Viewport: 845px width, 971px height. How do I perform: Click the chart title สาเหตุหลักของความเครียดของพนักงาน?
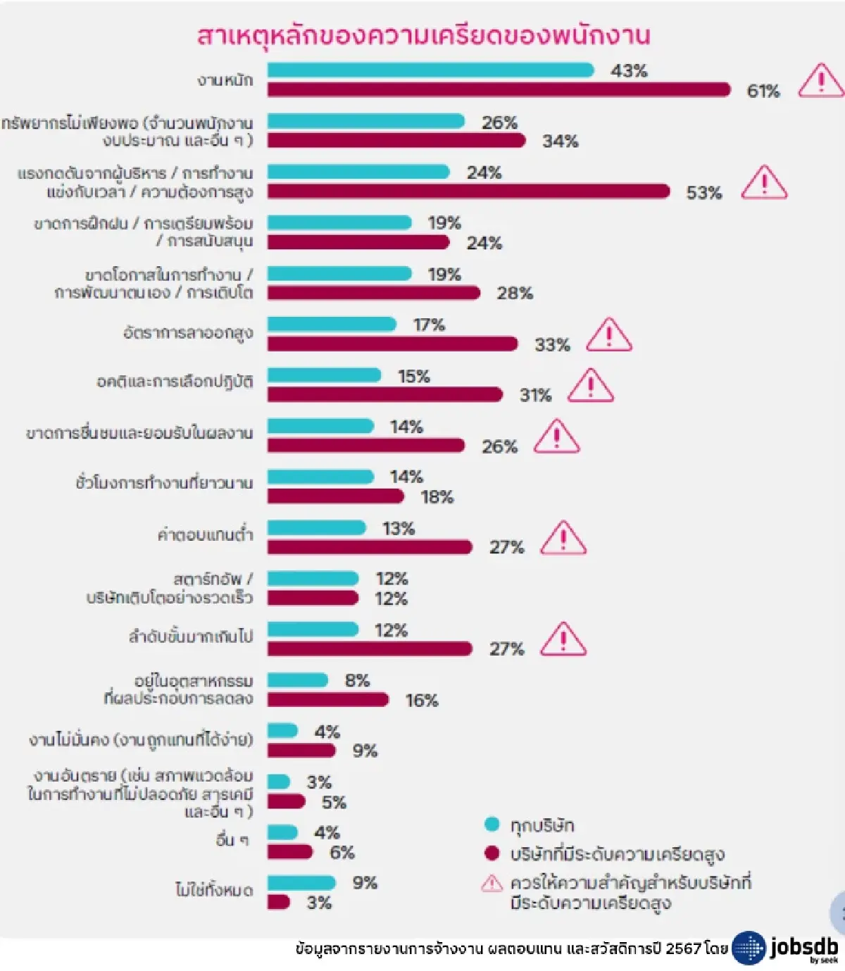point(423,35)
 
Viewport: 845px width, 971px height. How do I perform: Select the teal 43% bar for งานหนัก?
point(430,70)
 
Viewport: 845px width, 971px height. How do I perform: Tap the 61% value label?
point(763,91)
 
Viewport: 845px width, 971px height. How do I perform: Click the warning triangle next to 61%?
point(820,81)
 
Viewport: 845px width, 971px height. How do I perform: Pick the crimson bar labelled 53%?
point(468,191)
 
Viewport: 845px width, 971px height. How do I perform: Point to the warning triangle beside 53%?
point(764,183)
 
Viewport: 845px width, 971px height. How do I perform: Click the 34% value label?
point(561,141)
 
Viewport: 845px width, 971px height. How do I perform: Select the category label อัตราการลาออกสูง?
point(187,332)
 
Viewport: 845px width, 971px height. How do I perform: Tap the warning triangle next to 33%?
point(609,335)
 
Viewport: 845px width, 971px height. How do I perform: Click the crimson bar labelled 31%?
point(384,394)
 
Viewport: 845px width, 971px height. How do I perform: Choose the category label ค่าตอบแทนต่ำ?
point(205,534)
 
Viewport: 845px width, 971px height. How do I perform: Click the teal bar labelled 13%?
point(317,527)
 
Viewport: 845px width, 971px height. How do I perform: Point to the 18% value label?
point(437,497)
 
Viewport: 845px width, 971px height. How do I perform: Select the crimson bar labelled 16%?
point(327,699)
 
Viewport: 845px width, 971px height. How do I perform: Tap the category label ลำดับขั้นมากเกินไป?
point(190,637)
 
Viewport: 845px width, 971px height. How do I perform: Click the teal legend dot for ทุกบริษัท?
point(492,825)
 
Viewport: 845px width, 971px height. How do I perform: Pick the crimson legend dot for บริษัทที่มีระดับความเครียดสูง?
point(492,854)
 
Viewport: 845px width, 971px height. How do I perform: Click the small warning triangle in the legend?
point(492,883)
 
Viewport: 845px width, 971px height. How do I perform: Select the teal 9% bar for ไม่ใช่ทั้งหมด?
point(301,882)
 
